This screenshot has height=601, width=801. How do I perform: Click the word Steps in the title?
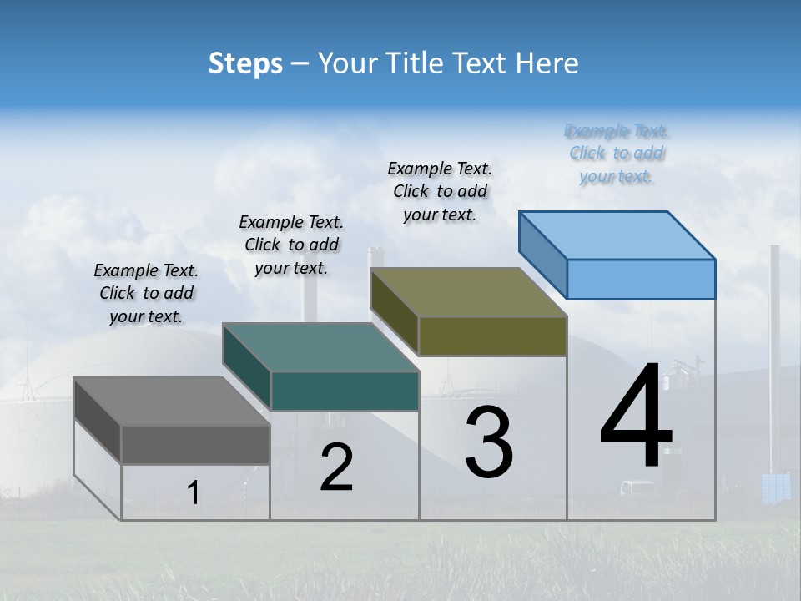[245, 63]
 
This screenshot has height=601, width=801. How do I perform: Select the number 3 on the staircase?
[489, 443]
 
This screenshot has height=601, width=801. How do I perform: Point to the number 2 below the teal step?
[336, 467]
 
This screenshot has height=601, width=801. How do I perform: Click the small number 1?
[193, 493]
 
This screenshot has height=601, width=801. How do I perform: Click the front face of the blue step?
[641, 279]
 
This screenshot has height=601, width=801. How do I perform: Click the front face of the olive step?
[492, 336]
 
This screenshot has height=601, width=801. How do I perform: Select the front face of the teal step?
[345, 391]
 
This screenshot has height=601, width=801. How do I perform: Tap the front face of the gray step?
[195, 444]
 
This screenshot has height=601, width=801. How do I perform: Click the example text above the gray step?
[146, 293]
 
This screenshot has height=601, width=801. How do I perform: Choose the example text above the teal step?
[291, 245]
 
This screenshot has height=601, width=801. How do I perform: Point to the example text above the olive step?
[440, 191]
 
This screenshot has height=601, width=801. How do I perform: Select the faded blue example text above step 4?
[617, 154]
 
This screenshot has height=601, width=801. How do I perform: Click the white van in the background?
[636, 488]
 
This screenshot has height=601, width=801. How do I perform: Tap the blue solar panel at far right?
[775, 487]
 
